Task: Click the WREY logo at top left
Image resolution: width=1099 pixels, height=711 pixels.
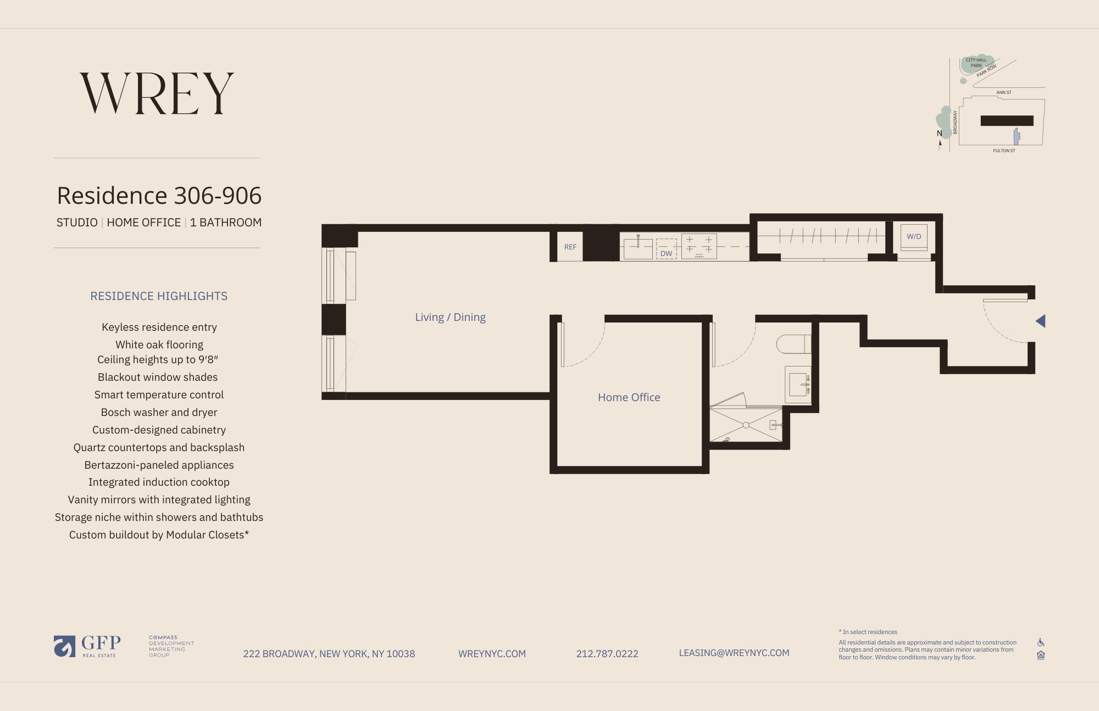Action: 157,93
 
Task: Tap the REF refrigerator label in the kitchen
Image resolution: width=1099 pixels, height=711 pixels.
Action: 570,247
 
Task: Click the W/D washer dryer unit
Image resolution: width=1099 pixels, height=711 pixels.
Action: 914,237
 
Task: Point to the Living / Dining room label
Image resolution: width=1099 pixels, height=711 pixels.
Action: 450,317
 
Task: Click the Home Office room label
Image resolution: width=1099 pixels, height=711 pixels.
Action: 629,397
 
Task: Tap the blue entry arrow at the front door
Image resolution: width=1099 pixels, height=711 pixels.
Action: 1040,321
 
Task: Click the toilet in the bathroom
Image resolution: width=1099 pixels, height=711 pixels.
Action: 793,344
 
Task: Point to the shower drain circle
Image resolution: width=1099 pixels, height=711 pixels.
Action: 746,425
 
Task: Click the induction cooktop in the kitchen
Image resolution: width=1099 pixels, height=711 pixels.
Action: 699,246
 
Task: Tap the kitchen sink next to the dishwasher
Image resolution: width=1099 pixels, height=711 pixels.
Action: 638,248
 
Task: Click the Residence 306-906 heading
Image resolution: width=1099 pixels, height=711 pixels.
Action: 159,196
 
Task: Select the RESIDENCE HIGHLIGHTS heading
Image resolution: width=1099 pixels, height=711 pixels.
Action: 159,296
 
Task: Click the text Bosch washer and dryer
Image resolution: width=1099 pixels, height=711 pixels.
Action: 159,412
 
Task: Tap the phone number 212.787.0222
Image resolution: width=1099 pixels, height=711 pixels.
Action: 607,654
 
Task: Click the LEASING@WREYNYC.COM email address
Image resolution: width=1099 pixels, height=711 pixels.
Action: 734,653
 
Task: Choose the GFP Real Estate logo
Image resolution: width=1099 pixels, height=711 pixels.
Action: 87,646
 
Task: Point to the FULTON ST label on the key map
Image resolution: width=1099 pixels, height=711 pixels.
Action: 1004,151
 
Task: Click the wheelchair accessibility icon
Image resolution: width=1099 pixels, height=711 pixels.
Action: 1041,642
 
